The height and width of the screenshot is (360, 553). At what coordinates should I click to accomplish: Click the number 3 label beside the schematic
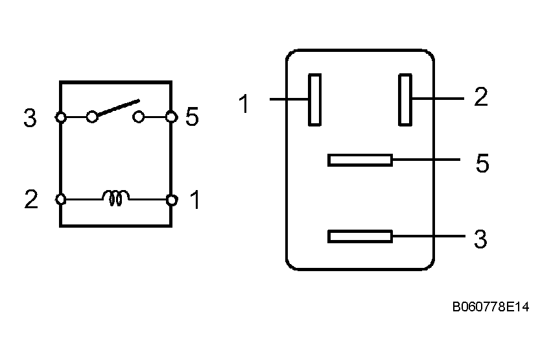30,119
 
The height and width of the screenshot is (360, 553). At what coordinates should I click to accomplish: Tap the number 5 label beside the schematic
192,117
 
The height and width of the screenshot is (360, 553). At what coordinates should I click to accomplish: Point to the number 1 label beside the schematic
194,201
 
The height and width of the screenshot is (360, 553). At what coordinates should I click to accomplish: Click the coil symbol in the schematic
115,198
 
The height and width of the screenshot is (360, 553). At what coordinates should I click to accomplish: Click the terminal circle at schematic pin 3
60,117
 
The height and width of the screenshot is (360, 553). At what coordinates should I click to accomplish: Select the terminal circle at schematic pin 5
171,117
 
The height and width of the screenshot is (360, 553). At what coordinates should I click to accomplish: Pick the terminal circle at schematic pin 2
60,200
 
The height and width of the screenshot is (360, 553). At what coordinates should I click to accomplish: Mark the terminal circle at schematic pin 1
171,200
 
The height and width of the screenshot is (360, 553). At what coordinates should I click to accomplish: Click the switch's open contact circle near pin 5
138,117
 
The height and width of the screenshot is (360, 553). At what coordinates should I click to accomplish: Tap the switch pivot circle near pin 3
92,116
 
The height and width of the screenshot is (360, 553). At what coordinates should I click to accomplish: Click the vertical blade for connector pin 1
314,99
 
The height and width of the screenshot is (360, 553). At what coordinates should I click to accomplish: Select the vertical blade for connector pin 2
405,99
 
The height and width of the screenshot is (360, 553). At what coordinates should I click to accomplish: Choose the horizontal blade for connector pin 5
360,160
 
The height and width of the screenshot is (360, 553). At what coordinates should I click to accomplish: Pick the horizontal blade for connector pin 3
360,237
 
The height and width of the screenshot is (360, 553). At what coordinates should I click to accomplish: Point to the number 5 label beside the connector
482,164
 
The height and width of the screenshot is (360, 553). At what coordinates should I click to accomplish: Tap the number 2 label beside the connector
480,97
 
